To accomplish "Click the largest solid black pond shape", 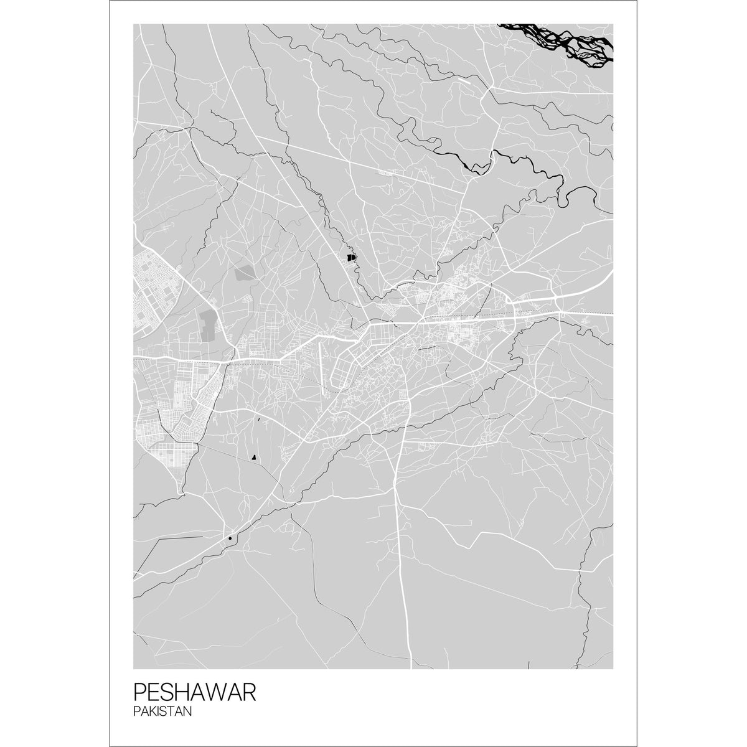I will coord(351,256).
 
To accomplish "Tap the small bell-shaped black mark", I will coord(253,458).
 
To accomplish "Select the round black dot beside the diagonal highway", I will coord(230,538).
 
